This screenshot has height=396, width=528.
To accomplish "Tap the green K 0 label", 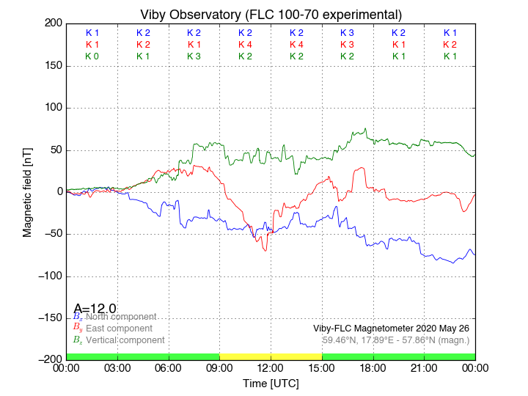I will click(92, 56).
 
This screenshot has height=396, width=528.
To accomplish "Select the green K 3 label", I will click(194, 56).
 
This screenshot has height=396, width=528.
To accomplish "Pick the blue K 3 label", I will click(347, 33).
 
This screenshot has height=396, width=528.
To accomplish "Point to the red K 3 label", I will click(347, 45).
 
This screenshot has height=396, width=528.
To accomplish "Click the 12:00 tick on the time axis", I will click(271, 367).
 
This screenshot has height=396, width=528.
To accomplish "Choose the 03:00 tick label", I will click(117, 367).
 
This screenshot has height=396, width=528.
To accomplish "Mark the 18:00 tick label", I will click(373, 367).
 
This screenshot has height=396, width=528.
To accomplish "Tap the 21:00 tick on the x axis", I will click(424, 367).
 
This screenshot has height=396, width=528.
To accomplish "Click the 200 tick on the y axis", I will click(53, 23).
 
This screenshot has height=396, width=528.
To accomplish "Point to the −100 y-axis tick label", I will click(50, 276).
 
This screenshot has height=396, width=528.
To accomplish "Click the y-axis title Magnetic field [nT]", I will click(27, 191).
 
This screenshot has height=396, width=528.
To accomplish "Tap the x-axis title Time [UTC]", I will click(271, 383).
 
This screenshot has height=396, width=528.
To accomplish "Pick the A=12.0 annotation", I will click(95, 309).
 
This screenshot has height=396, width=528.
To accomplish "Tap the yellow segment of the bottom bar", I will click(271, 356).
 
